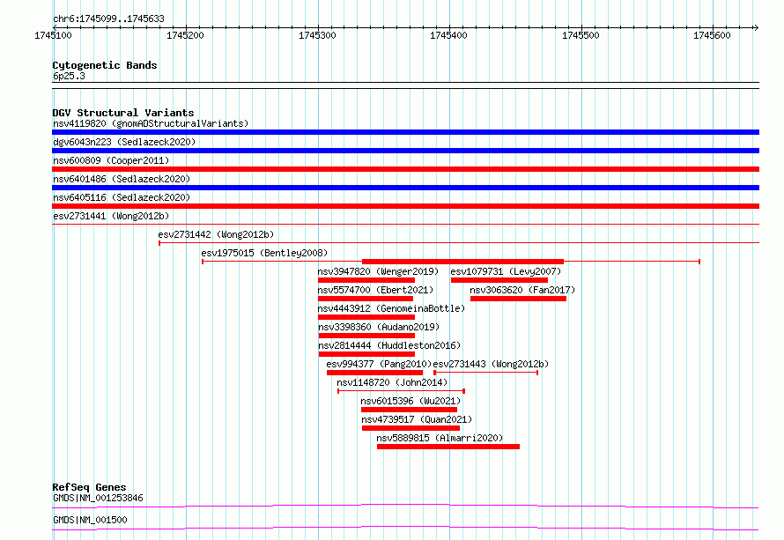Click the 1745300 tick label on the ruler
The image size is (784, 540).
pos(317,35)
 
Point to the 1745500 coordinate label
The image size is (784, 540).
pos(581,35)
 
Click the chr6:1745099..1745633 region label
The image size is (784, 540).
pos(108,19)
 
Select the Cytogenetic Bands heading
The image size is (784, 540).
pos(105,65)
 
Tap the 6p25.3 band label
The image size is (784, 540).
pos(69,76)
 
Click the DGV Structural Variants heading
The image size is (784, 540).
pos(123,113)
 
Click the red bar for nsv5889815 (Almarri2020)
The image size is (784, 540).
pos(448,447)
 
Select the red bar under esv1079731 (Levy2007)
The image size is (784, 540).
pos(499,280)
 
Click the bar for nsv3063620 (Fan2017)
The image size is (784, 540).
pos(518,299)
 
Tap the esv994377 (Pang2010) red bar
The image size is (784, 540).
pos(374,373)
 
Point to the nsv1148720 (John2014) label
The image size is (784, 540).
pos(392,382)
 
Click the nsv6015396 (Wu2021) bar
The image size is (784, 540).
pos(409,410)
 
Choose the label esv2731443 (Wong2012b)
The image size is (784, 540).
pos(491,364)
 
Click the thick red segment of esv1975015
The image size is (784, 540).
pos(462,262)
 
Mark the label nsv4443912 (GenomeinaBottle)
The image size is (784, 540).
pos(391,308)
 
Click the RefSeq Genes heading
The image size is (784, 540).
pos(89,487)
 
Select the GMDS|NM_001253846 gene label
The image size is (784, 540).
pos(98,498)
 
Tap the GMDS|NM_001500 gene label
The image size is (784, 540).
pos(90,520)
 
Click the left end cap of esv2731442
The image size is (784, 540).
pos(159,243)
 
